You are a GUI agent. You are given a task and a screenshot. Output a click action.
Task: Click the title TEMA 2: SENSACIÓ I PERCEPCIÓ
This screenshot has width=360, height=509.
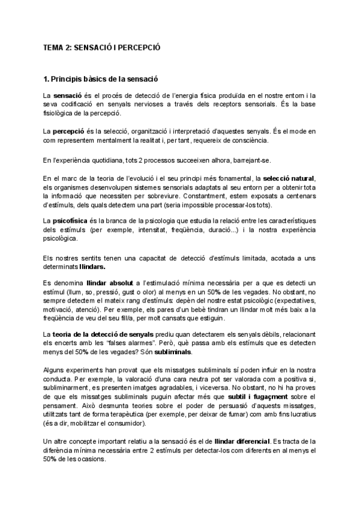(101, 46)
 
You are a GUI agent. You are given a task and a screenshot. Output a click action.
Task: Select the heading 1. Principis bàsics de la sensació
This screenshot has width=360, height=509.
(100, 79)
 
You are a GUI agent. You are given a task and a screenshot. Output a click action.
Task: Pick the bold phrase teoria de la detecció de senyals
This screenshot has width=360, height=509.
(106, 334)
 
